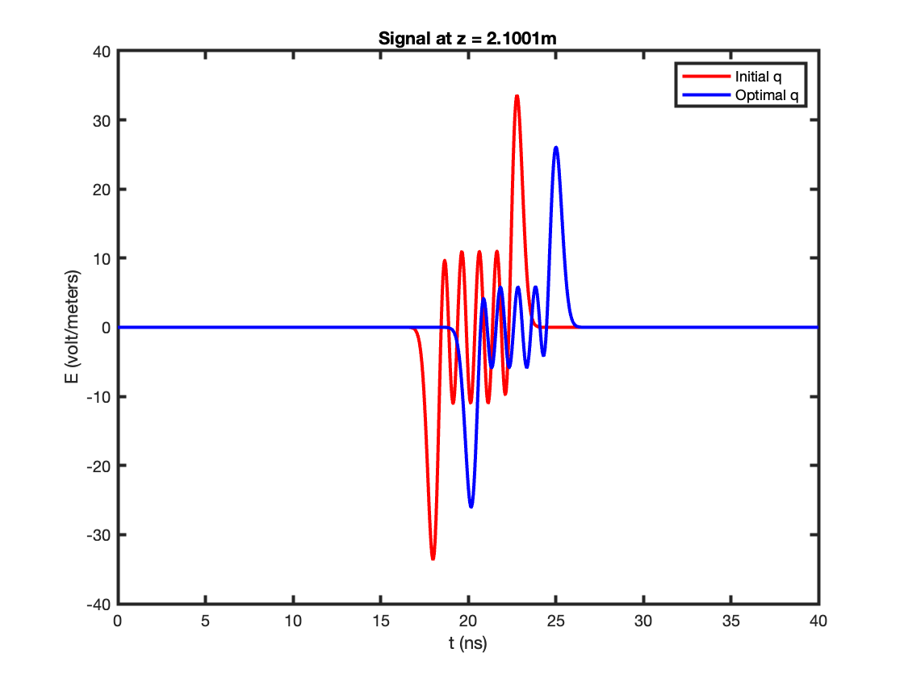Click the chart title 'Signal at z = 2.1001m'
coord(467,39)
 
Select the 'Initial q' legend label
coord(758,77)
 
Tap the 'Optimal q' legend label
coord(767,95)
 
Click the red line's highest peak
coord(517,96)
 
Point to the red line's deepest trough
coord(433,558)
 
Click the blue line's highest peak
coord(556,149)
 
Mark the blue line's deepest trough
coord(471,506)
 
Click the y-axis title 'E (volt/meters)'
coord(72,327)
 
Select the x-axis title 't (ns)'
coord(467,642)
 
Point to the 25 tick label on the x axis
coord(556,621)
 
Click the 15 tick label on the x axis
coord(380,621)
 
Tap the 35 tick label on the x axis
coord(730,621)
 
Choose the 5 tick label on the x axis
coord(205,621)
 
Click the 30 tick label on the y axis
coord(102,120)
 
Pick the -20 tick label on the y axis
coord(98,466)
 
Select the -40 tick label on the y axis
coord(98,605)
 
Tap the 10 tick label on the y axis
coord(102,259)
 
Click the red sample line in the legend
coord(706,77)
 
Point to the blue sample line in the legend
coord(706,95)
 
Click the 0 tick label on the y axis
coord(106,328)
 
